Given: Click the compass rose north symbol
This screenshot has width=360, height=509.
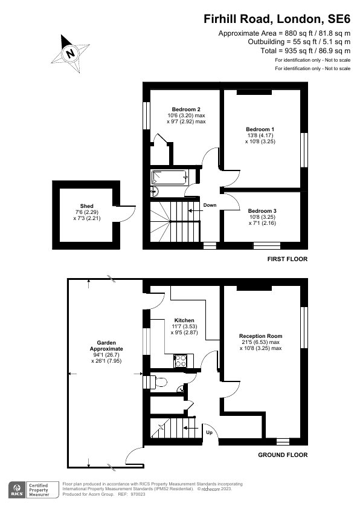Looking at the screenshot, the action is [71, 53].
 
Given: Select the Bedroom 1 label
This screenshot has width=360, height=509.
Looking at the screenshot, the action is [260, 129].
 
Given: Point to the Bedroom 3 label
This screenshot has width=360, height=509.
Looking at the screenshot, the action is [262, 211].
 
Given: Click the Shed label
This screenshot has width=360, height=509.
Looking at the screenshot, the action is [86, 206].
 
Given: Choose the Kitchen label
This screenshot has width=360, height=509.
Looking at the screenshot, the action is [184, 320].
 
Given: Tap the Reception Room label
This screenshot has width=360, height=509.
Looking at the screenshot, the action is [261, 336].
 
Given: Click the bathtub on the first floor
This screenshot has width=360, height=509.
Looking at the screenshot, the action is [169, 178].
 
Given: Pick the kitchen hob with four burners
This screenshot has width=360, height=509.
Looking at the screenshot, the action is [181, 361].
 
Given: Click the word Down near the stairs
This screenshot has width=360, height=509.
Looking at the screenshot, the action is [210, 205].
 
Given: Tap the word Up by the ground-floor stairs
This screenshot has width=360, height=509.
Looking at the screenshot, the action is [209, 432].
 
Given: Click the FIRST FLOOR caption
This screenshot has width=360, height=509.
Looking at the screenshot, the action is [288, 259].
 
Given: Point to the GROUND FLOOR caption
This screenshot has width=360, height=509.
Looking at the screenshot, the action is [283, 455].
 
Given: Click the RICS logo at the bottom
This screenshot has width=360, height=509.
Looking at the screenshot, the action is [17, 490].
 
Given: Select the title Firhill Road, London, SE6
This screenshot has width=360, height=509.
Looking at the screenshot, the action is [277, 19].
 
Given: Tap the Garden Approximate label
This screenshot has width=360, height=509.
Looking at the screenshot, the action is [106, 346].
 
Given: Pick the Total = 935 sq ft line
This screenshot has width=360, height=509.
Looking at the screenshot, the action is [305, 51].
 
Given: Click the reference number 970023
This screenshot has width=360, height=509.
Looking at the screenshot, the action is [138, 494].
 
